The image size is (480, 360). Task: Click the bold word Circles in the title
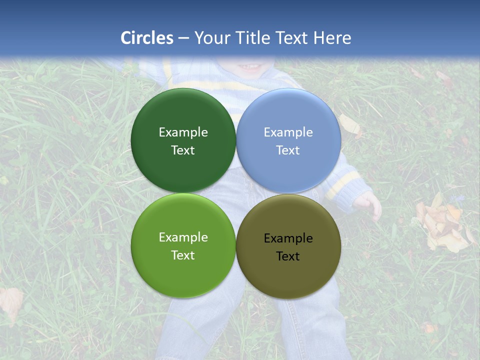147,38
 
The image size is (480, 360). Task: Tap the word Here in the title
332,38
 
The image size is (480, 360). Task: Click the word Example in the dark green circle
183,132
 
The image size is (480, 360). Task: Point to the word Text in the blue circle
288,150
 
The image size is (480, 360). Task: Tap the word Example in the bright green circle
183,237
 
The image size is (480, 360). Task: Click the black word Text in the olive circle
288,256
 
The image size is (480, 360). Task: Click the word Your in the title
210,38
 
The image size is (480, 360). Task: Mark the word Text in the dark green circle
183,150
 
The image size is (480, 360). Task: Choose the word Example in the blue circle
288,132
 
